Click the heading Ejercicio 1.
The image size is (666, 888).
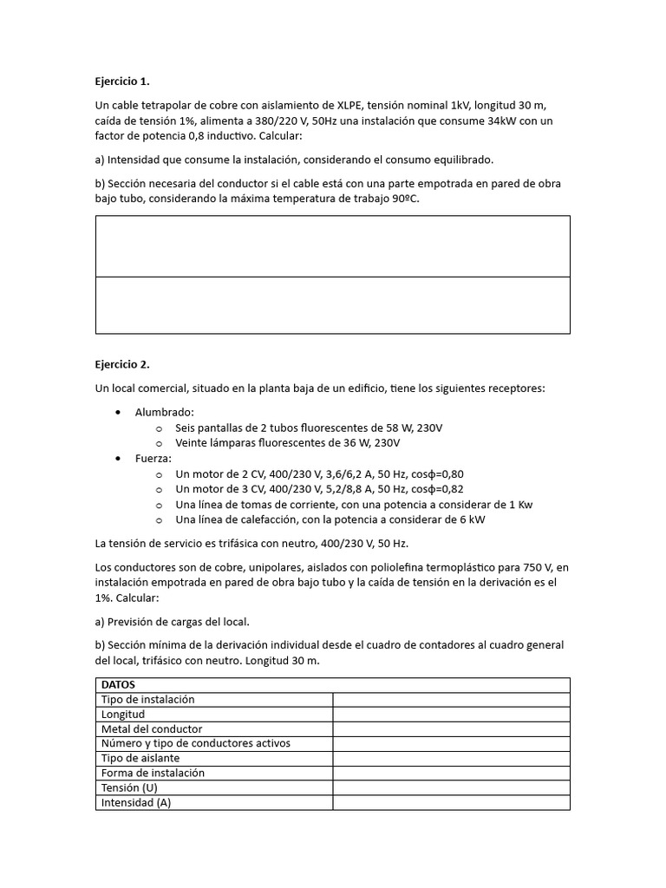[122, 82]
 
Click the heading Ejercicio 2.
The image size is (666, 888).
[122, 364]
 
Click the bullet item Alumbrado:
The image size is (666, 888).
[165, 412]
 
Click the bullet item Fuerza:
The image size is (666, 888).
[153, 458]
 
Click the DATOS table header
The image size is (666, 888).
[119, 684]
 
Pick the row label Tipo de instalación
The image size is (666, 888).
[148, 699]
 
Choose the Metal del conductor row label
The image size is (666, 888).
[152, 728]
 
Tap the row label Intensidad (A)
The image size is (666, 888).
[136, 803]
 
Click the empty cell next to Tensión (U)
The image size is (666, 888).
[451, 787]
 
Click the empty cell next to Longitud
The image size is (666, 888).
[451, 714]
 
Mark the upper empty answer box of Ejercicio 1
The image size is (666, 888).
[332, 246]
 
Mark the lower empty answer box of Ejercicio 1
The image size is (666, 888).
[332, 305]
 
